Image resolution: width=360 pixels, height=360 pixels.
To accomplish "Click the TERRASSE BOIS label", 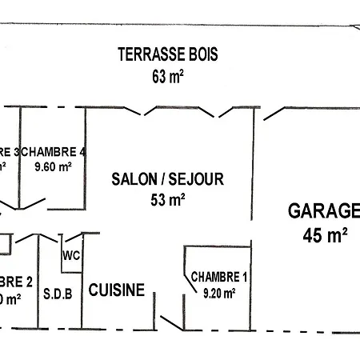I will click(167, 55).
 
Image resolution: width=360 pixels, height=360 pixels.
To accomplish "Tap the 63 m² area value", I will click(167, 77).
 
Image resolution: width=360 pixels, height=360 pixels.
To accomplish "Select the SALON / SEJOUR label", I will click(167, 180).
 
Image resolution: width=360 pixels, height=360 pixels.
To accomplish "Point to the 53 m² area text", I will click(167, 200).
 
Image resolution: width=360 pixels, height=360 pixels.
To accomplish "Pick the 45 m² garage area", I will click(325, 234).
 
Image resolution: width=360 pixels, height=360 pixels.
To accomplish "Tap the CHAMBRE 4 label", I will click(54, 152).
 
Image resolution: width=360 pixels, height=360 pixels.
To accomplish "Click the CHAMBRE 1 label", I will click(218, 278).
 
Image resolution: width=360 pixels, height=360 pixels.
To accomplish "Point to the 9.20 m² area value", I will click(217, 293).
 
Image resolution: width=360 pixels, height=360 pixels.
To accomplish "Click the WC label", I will click(70, 256).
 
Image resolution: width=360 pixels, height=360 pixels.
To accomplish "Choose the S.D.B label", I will click(58, 293).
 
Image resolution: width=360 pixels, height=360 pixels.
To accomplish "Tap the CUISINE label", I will click(116, 290).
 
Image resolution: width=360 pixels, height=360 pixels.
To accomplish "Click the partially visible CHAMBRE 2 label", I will click(16, 282).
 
